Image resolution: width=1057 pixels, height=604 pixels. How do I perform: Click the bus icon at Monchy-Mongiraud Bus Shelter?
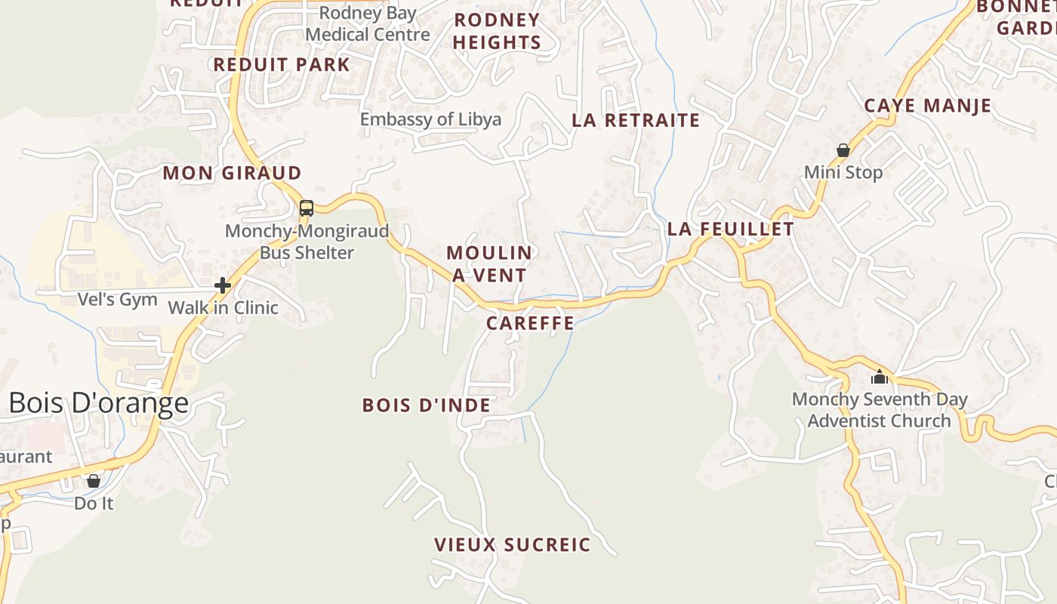click(x=307, y=208)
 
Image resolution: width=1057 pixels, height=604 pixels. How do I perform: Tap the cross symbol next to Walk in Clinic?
click(x=223, y=285)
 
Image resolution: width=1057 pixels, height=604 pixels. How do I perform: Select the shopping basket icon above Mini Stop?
click(x=843, y=151)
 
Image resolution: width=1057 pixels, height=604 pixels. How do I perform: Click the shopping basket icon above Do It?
click(x=94, y=481)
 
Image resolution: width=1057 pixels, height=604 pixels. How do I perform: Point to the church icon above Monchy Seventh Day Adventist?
click(x=879, y=376)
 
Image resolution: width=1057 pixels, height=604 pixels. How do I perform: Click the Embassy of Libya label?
click(x=430, y=119)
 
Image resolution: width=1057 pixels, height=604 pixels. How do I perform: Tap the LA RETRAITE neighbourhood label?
click(x=636, y=120)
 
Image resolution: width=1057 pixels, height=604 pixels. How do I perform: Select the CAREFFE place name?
click(x=530, y=324)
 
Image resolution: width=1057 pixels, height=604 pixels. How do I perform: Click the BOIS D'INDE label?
click(x=427, y=405)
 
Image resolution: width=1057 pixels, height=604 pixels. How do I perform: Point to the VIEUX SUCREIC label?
click(x=512, y=544)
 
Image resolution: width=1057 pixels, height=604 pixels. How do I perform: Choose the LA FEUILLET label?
click(x=731, y=229)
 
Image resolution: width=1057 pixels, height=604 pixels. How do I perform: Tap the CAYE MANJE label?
click(x=927, y=106)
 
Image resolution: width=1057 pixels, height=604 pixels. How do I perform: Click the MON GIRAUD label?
click(x=232, y=173)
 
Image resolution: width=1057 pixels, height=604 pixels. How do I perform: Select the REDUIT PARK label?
click(x=282, y=65)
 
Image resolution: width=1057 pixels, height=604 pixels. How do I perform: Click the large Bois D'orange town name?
click(x=98, y=403)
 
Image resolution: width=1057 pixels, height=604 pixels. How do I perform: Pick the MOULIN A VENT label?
click(x=489, y=263)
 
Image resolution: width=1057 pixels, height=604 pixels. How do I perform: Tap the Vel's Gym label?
click(x=118, y=300)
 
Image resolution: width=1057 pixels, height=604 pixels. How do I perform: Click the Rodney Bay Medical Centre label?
click(x=368, y=24)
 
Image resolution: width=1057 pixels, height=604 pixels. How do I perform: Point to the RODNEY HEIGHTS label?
click(x=497, y=31)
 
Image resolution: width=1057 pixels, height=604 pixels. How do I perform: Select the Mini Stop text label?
click(x=843, y=173)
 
